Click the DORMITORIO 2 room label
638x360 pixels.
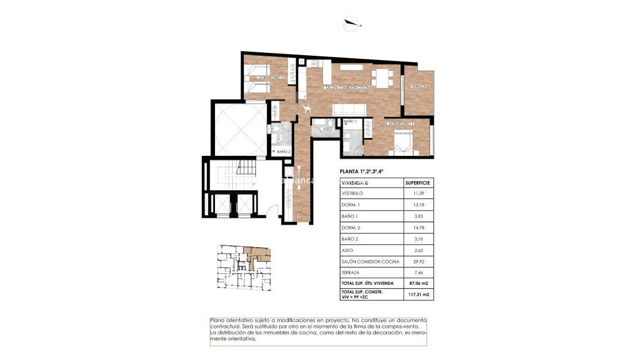click(271, 77)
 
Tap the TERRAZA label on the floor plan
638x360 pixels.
click(418, 87)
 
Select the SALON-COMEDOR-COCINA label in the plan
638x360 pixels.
click(348, 87)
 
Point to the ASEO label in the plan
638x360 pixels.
click(328, 129)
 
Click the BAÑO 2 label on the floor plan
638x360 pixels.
click(283, 151)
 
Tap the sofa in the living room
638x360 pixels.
click(350, 109)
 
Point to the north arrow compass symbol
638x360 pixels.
click(349, 24)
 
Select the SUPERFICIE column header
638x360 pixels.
click(417, 182)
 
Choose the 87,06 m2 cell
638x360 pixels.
click(418, 284)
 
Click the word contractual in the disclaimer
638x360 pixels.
click(223, 327)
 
